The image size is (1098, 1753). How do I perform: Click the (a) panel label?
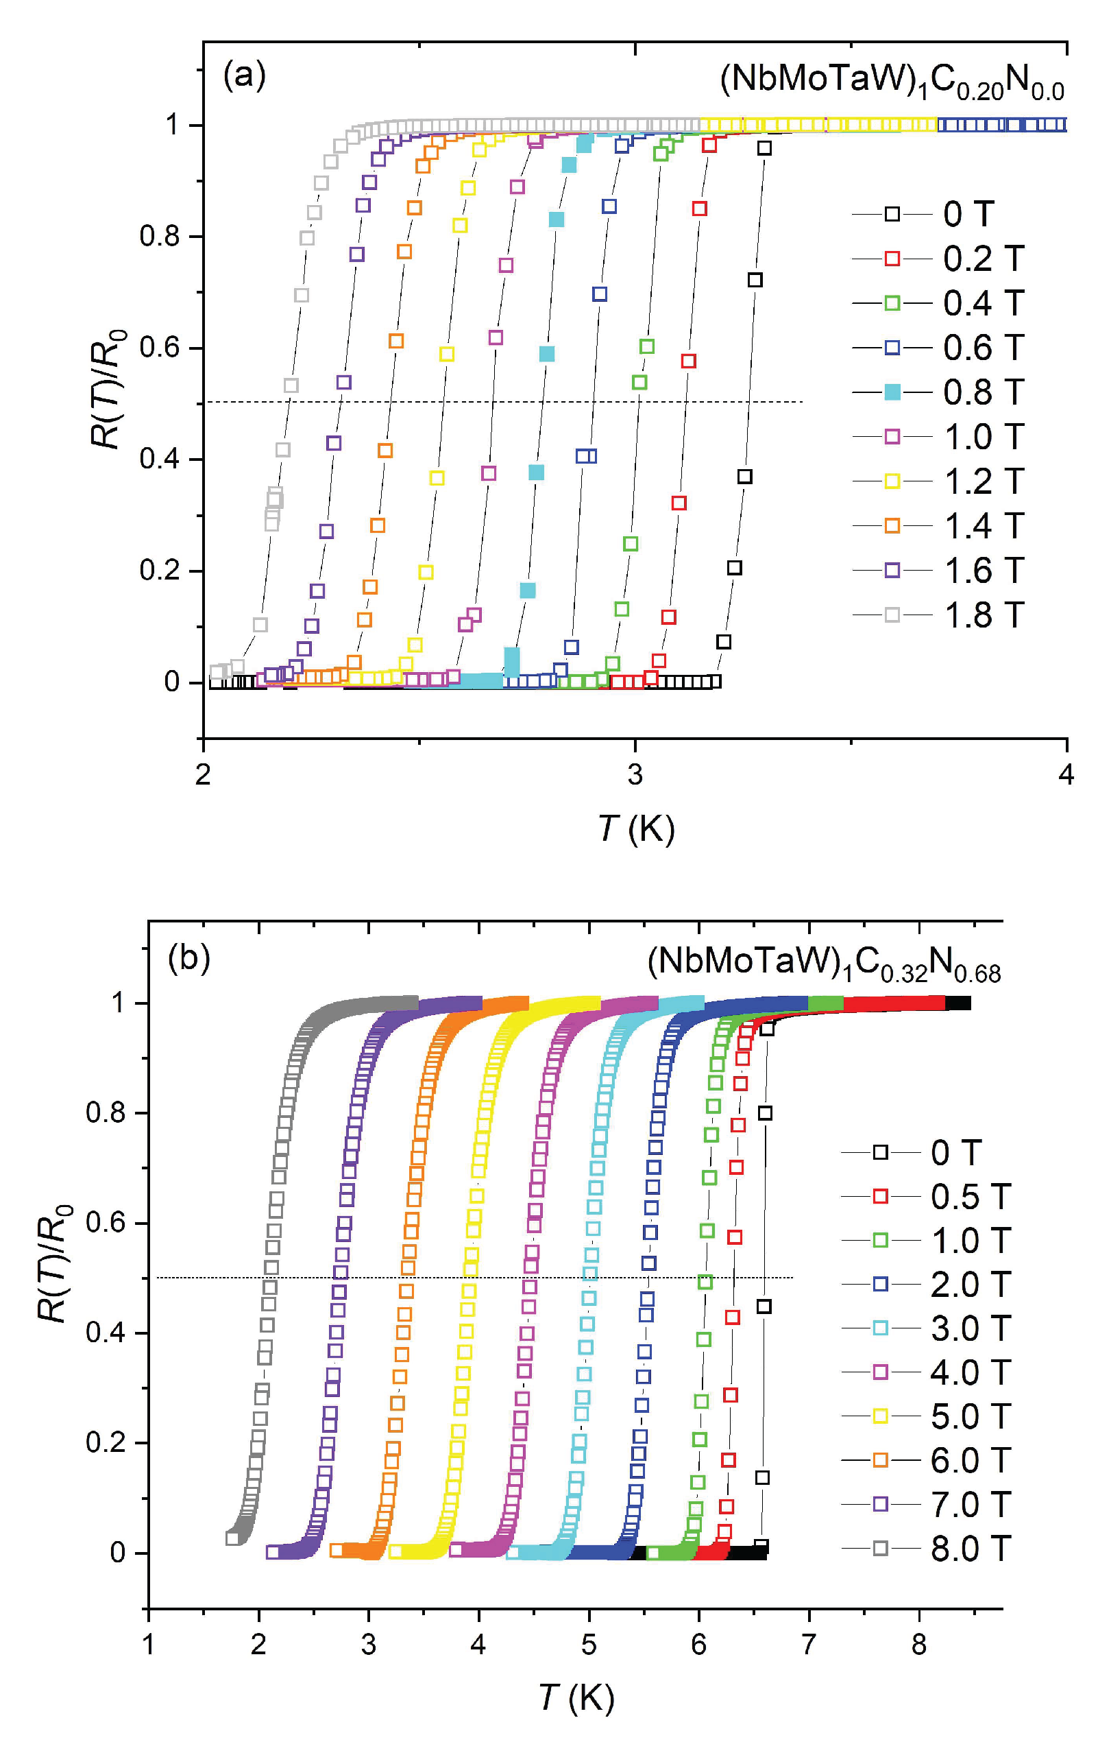[245, 75]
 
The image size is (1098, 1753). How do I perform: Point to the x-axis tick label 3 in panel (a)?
[635, 775]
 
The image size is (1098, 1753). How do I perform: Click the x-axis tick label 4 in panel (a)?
[1065, 775]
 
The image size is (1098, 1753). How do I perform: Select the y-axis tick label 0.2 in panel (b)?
[106, 1442]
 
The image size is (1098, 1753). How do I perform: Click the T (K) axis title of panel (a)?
[636, 828]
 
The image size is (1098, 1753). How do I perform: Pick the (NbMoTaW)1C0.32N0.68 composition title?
[824, 963]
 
